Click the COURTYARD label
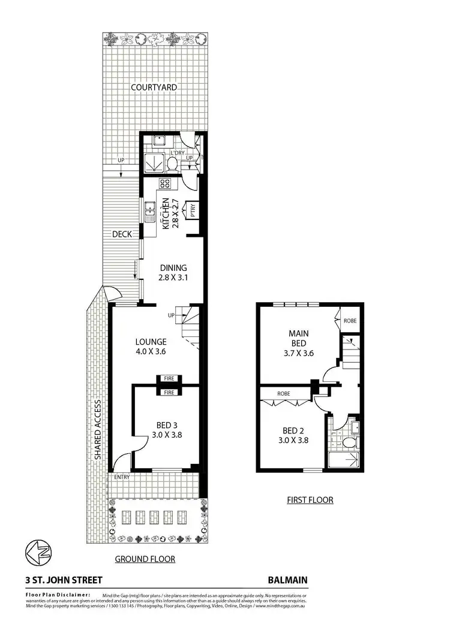point(155,87)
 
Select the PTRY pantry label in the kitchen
point(193,210)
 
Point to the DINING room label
point(173,268)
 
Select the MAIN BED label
point(298,338)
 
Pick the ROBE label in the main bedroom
point(350,321)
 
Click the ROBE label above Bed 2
point(284,394)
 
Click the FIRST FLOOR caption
point(310,499)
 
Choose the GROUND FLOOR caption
point(145,559)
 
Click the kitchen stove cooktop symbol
point(166,183)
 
